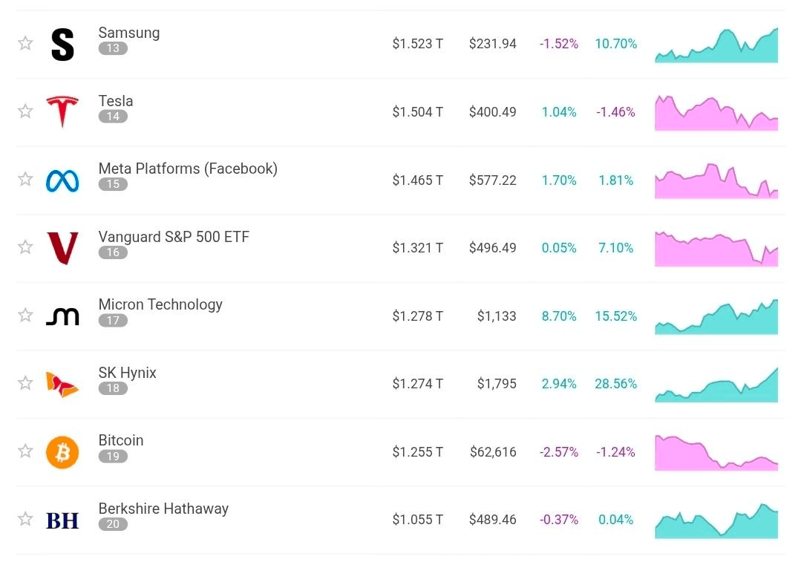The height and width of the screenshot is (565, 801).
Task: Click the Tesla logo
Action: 62,111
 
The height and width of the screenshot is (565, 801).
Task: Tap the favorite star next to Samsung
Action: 25,43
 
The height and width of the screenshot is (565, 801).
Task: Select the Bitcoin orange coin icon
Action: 62,452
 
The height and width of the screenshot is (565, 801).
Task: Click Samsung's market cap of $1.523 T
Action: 417,44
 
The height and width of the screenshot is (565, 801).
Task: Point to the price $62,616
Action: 493,452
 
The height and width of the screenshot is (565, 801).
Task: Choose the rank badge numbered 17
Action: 113,321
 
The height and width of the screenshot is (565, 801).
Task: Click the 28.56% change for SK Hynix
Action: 615,384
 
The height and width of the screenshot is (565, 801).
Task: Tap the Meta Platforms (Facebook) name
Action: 188,169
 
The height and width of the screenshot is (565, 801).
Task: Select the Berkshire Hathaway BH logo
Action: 62,520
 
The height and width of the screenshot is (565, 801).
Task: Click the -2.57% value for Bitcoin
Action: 559,452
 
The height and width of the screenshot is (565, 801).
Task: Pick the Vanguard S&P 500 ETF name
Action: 174,237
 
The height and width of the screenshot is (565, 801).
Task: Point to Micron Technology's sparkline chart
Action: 716,317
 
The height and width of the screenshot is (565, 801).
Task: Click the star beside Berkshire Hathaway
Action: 25,519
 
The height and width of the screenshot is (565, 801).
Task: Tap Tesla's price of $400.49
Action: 492,112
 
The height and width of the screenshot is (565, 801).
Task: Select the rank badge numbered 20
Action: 113,524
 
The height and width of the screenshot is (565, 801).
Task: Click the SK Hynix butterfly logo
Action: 62,384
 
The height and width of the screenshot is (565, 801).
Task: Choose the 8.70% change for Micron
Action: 559,316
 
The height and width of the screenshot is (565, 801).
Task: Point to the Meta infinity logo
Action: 62,180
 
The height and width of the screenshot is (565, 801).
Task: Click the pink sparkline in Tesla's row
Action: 716,113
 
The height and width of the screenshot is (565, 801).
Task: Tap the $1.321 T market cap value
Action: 417,248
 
